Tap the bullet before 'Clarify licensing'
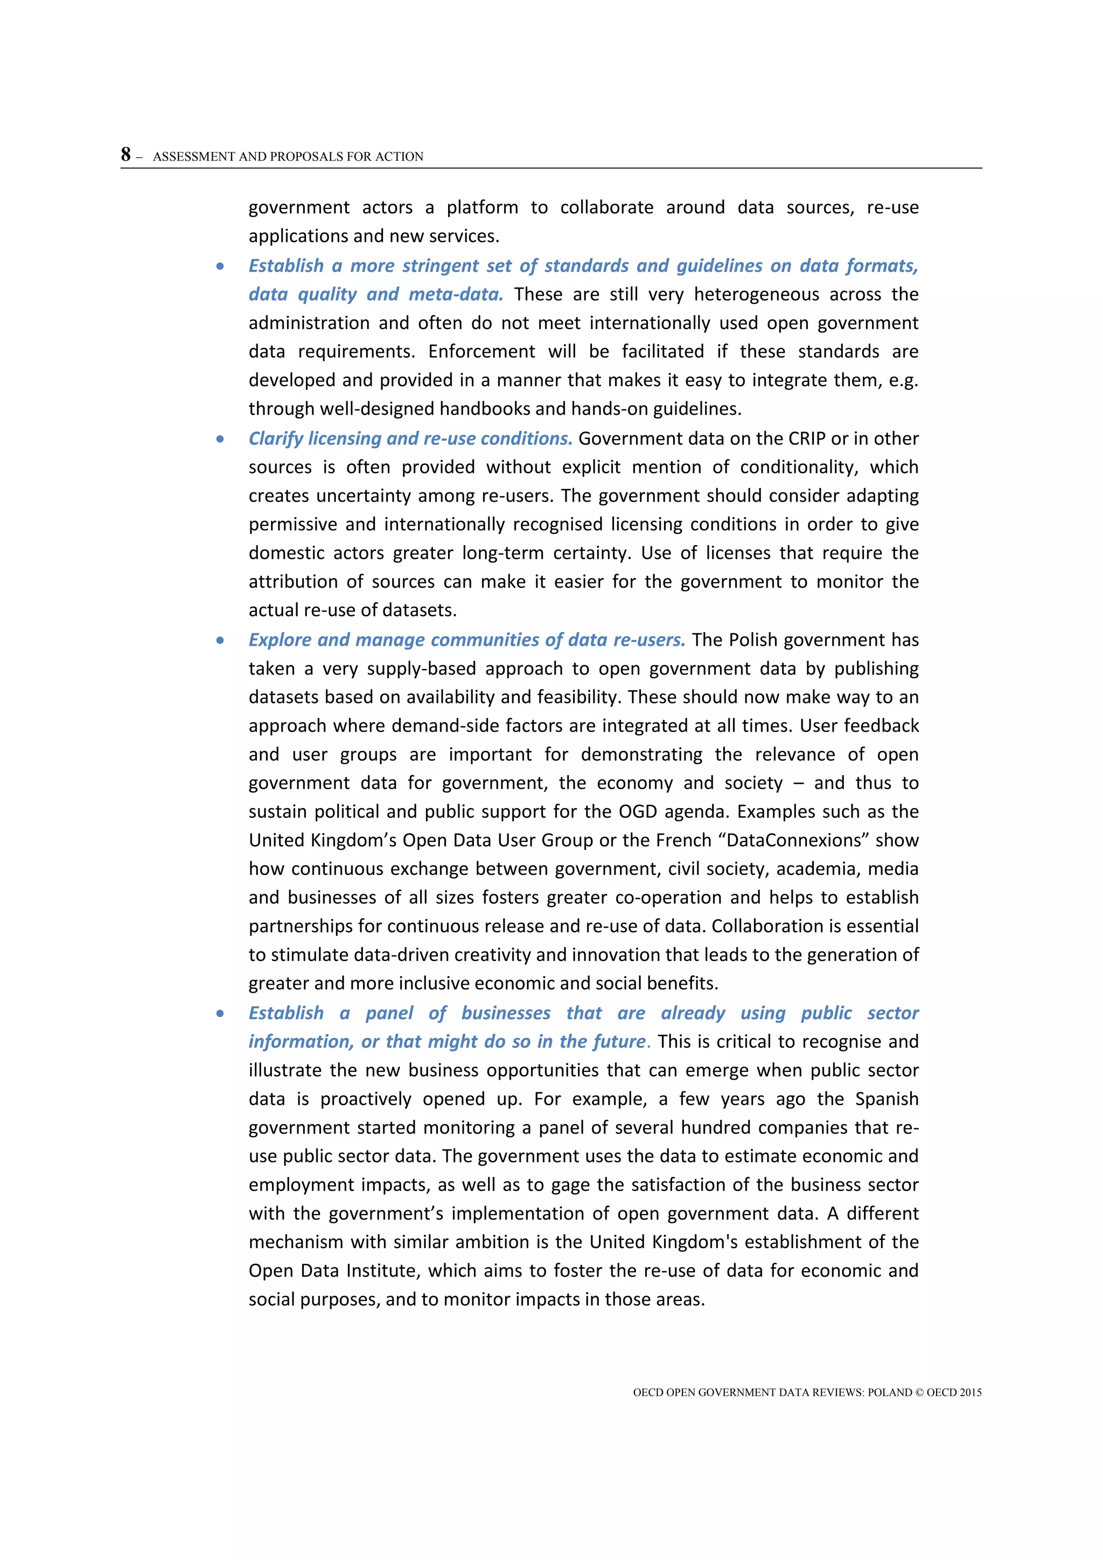(x=220, y=439)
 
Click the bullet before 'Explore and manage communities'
(x=220, y=640)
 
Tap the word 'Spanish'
(x=886, y=1099)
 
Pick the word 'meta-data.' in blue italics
(x=456, y=295)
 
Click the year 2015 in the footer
(x=970, y=1392)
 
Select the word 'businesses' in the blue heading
(x=506, y=1013)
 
